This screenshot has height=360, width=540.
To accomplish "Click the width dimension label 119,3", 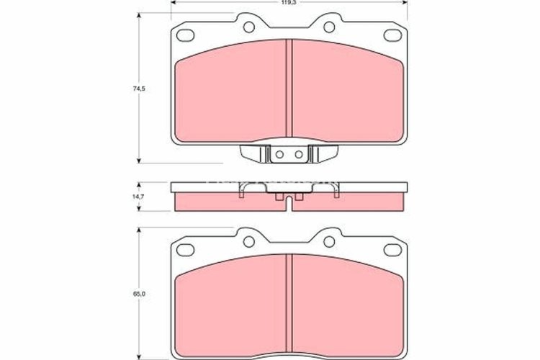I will [x=287, y=4].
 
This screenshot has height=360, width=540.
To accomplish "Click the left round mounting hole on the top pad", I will [x=249, y=28].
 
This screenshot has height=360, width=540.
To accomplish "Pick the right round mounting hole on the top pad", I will [x=328, y=28].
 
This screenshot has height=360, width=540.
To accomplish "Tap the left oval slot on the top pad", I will [x=186, y=35].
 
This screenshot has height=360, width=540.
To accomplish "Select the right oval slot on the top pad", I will [x=392, y=35].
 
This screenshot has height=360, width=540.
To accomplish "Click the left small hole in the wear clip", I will [x=281, y=153].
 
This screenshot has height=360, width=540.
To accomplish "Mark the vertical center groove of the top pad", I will [x=289, y=86].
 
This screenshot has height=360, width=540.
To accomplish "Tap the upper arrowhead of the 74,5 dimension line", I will [x=138, y=17].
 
